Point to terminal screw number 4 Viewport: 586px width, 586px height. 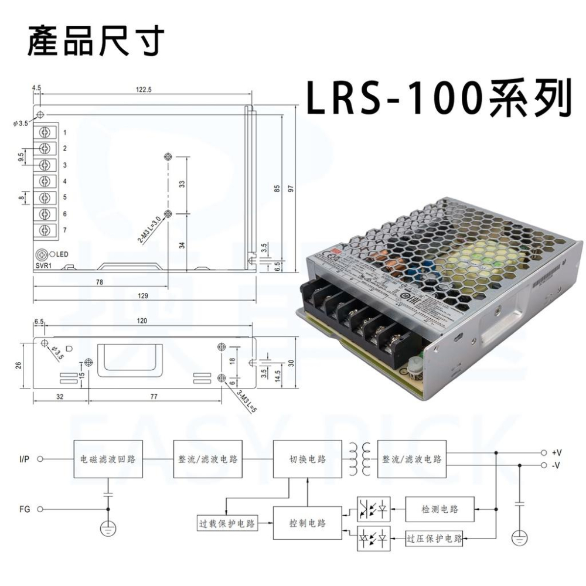(45, 181)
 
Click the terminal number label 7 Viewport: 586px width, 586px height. (65, 230)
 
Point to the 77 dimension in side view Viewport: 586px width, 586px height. (154, 397)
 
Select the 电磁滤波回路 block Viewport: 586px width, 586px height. (108, 459)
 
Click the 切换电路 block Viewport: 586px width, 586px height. (308, 459)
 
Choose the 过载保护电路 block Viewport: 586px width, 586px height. (227, 524)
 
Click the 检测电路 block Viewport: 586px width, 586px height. (439, 509)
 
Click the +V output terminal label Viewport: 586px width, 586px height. (557, 452)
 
